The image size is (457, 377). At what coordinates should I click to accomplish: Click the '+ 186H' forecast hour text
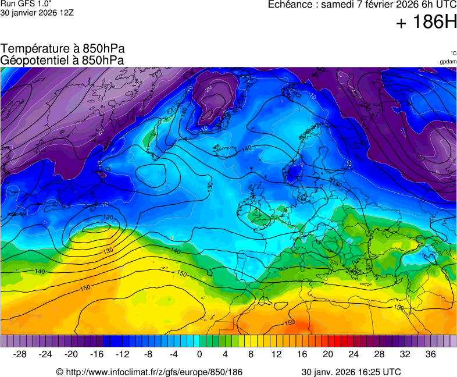(x=426, y=23)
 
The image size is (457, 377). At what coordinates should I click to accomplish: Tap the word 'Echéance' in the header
(x=290, y=5)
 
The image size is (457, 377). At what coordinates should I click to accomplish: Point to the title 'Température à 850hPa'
(x=63, y=49)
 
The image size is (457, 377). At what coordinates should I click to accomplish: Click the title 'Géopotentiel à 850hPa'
(x=63, y=60)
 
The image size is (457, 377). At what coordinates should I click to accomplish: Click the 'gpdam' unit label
(x=448, y=62)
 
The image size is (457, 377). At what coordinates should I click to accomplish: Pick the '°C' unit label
(x=453, y=53)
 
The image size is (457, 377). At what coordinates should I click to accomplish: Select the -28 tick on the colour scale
(x=20, y=354)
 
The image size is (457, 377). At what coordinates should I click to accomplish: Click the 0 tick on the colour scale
(x=199, y=354)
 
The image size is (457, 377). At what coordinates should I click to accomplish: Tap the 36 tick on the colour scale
(x=430, y=354)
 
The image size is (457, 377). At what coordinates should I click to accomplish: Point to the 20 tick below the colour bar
(x=328, y=354)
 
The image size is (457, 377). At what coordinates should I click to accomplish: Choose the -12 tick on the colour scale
(x=123, y=354)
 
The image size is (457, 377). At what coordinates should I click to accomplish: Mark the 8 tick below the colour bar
(x=251, y=354)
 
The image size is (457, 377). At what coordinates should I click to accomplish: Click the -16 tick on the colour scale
(x=97, y=354)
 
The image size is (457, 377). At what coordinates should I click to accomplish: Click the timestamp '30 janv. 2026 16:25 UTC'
(x=351, y=372)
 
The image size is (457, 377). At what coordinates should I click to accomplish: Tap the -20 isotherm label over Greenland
(x=208, y=88)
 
